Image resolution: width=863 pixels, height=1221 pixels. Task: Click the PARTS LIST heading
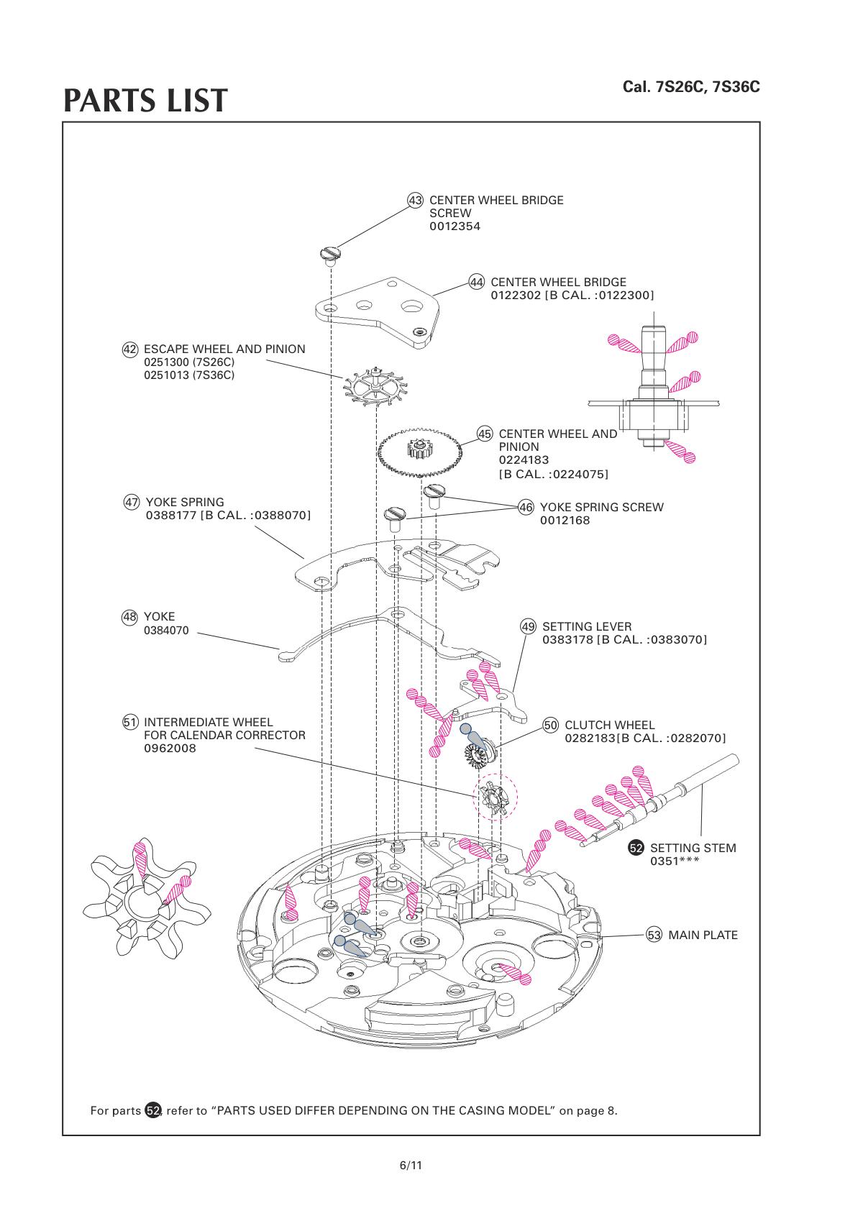pos(145,101)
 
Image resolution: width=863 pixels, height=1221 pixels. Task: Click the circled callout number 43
pos(416,200)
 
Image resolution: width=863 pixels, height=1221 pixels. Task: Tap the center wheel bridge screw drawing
pos(329,253)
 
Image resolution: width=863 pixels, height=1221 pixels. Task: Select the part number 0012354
pos(455,227)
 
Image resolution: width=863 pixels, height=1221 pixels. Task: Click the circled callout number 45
pos(485,434)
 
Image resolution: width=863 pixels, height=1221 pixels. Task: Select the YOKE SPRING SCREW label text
pos(601,507)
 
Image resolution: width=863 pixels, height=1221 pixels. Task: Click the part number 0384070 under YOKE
pos(166,631)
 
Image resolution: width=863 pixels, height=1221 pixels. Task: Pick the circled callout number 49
pos(529,626)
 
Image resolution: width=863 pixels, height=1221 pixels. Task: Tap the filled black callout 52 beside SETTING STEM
pos(636,848)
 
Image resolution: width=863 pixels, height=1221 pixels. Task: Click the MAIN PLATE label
pos(703,935)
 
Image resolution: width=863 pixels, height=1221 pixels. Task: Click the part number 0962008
pos(170,748)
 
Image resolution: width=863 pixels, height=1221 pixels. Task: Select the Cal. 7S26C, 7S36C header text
pos(691,87)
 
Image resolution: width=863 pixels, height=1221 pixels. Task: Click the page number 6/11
pos(411,1165)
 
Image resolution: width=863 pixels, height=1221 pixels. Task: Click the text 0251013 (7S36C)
pos(189,375)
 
